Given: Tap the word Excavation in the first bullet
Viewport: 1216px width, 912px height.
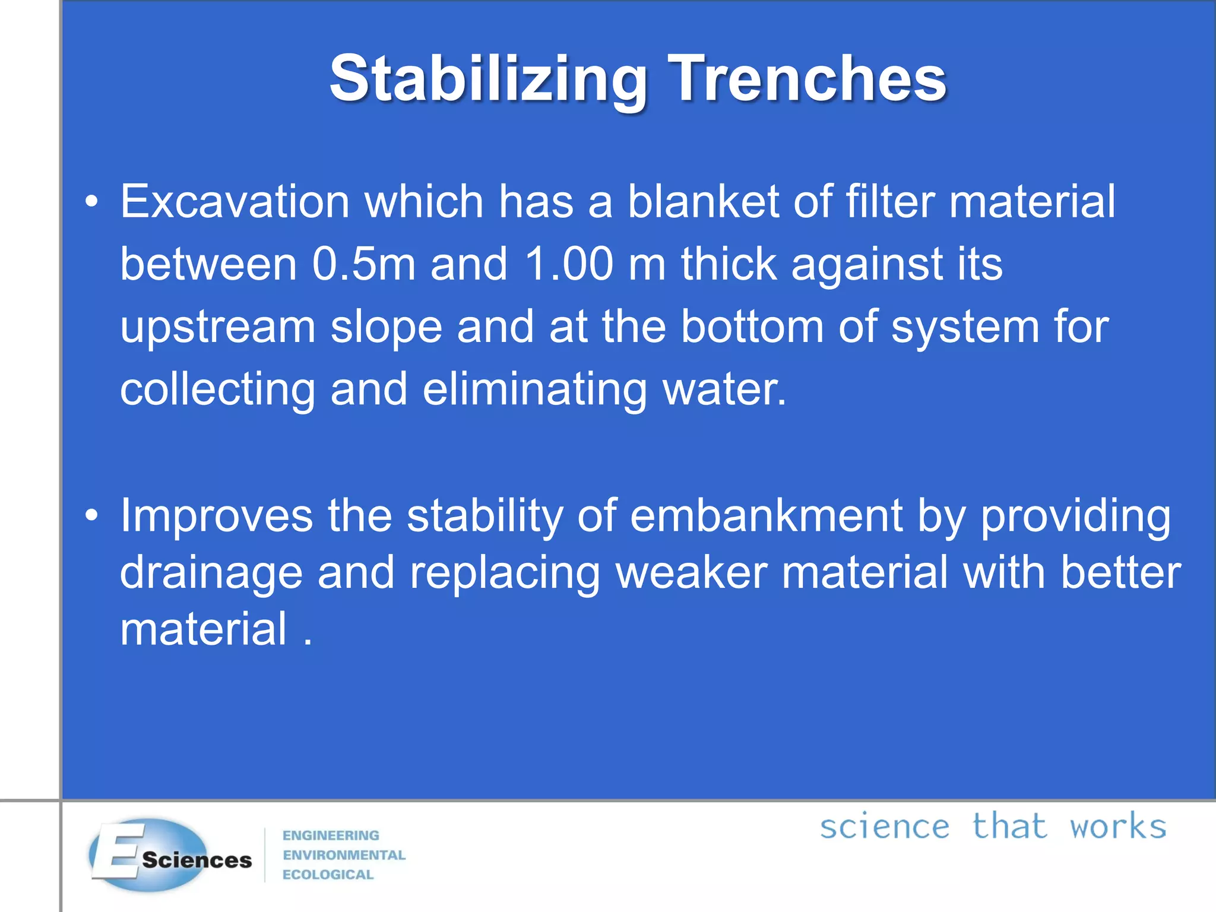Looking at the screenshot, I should tap(235, 202).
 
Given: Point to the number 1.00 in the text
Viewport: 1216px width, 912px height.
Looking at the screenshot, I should tap(569, 264).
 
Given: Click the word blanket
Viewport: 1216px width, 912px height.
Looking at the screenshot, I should tap(703, 202).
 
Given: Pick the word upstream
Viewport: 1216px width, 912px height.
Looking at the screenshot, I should tap(217, 328).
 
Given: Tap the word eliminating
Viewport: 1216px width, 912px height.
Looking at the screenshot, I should tap(534, 389).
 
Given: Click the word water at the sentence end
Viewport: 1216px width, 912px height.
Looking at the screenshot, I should tap(723, 390).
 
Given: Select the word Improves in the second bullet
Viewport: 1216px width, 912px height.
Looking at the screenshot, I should tap(216, 516).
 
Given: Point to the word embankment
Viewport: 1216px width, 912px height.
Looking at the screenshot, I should tap(766, 516).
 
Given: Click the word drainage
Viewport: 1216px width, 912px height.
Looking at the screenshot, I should tap(211, 573).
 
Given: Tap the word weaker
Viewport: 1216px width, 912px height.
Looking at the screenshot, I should tap(691, 573).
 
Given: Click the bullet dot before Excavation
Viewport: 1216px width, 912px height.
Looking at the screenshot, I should tap(91, 202).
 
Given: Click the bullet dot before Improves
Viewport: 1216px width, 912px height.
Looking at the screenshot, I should tap(91, 516).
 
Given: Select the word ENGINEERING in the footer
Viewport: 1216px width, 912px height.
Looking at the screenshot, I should tap(331, 835).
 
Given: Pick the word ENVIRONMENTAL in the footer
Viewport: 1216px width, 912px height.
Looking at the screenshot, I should tap(344, 855).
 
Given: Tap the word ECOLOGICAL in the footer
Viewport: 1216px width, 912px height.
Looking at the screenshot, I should tap(328, 875).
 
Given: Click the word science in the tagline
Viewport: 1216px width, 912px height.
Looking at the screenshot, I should tap(884, 828).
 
